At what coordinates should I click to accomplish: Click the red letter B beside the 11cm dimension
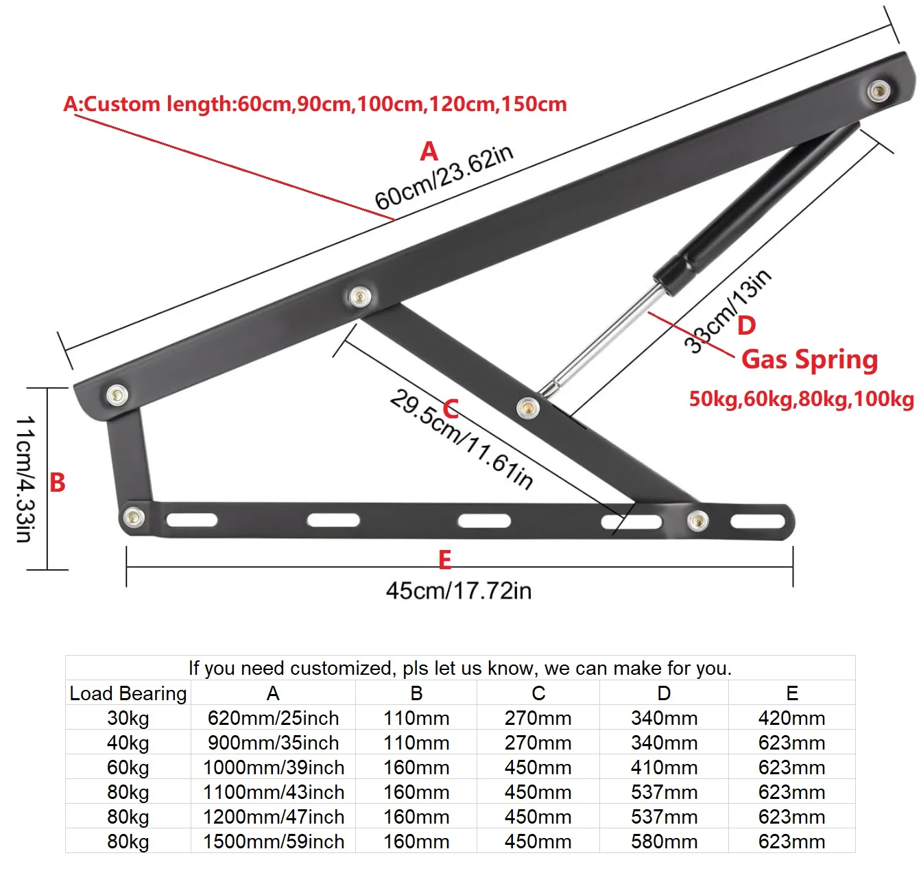click(x=58, y=482)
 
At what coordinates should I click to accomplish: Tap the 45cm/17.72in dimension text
click(x=458, y=590)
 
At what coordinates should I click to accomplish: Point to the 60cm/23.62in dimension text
click(x=444, y=178)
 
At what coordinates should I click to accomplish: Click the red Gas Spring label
click(x=809, y=359)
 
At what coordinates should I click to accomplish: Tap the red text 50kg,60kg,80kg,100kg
click(x=801, y=398)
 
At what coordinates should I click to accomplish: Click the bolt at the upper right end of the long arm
click(x=878, y=91)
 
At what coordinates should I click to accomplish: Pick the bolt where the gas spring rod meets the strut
click(x=527, y=408)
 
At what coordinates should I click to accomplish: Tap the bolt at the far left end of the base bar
click(x=134, y=517)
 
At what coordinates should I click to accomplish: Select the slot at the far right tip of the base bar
click(x=758, y=521)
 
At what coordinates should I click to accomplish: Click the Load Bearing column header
click(x=128, y=693)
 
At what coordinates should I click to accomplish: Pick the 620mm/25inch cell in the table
click(x=273, y=718)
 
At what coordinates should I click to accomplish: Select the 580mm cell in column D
click(x=664, y=841)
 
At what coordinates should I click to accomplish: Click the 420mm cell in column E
click(x=791, y=718)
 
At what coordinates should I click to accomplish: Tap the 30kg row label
click(x=128, y=718)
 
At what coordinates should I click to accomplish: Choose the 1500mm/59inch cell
click(x=273, y=841)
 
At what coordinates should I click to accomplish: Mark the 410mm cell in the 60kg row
click(x=664, y=767)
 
